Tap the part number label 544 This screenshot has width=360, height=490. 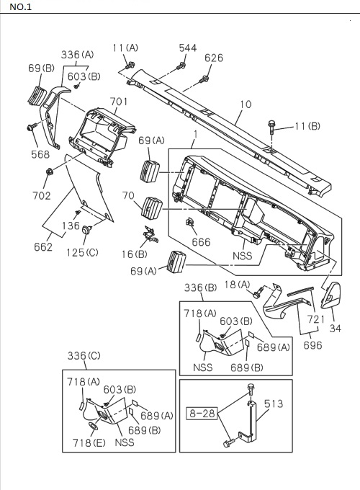[187, 48]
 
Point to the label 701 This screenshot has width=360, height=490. [120, 102]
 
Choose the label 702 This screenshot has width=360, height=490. [42, 195]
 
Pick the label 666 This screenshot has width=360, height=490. [201, 242]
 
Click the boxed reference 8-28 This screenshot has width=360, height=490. [202, 414]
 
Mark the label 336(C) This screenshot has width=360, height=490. [85, 356]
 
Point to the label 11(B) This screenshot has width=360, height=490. [307, 127]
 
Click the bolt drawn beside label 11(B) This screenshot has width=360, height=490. [272, 127]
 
